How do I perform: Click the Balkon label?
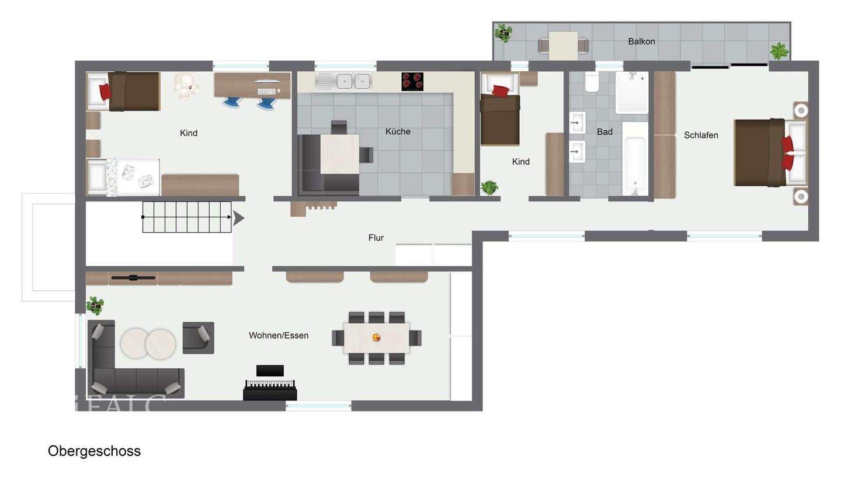[x=641, y=41]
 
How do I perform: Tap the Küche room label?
[x=398, y=131]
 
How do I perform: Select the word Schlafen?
[x=701, y=135]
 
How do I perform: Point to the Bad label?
[x=604, y=132]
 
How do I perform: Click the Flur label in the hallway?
[x=376, y=238]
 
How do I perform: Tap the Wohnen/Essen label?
[x=279, y=335]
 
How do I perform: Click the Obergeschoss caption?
[x=94, y=451]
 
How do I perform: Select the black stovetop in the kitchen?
[x=412, y=81]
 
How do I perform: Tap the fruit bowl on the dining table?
[x=377, y=337]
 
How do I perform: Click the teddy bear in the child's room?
[x=186, y=84]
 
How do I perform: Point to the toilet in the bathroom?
[x=592, y=83]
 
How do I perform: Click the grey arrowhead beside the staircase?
[x=238, y=218]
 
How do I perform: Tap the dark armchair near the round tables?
[x=199, y=337]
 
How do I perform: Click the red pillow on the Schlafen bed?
[x=787, y=152]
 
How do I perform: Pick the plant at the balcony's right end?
[x=779, y=51]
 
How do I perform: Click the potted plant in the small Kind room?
[x=489, y=188]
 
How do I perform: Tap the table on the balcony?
[x=563, y=46]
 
